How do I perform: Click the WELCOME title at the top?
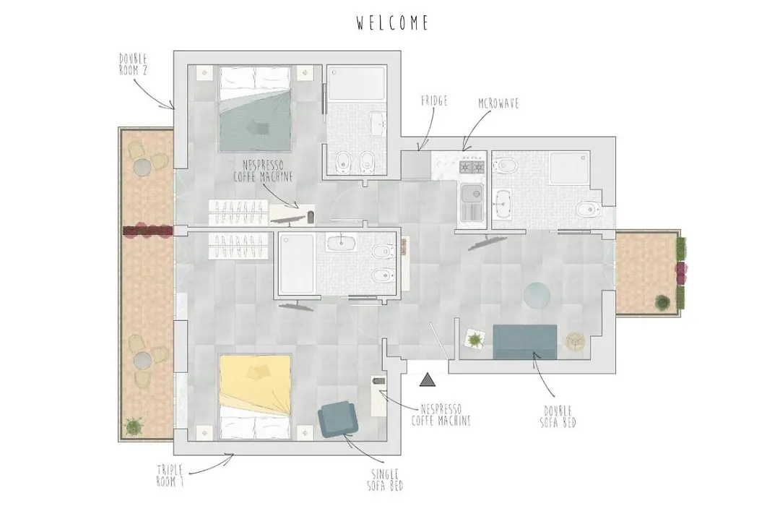pos(392,23)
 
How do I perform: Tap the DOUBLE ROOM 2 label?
pos(134,64)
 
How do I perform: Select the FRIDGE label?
pos(434,100)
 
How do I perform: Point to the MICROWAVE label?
pos(498,103)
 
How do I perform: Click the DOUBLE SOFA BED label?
pos(558,417)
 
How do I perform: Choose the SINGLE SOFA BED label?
pos(386,479)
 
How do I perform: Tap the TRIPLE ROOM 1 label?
pos(170,476)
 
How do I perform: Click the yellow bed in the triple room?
pos(255,398)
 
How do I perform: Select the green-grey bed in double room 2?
pos(255,108)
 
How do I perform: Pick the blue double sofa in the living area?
pos(525,342)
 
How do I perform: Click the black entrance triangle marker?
pos(428,380)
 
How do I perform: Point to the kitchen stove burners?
pos(472,166)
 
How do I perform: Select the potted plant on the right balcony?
pos(662,301)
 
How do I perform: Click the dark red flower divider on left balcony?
pos(148,231)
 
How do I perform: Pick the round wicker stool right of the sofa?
pos(575,342)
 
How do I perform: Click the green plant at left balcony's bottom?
pos(134,426)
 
